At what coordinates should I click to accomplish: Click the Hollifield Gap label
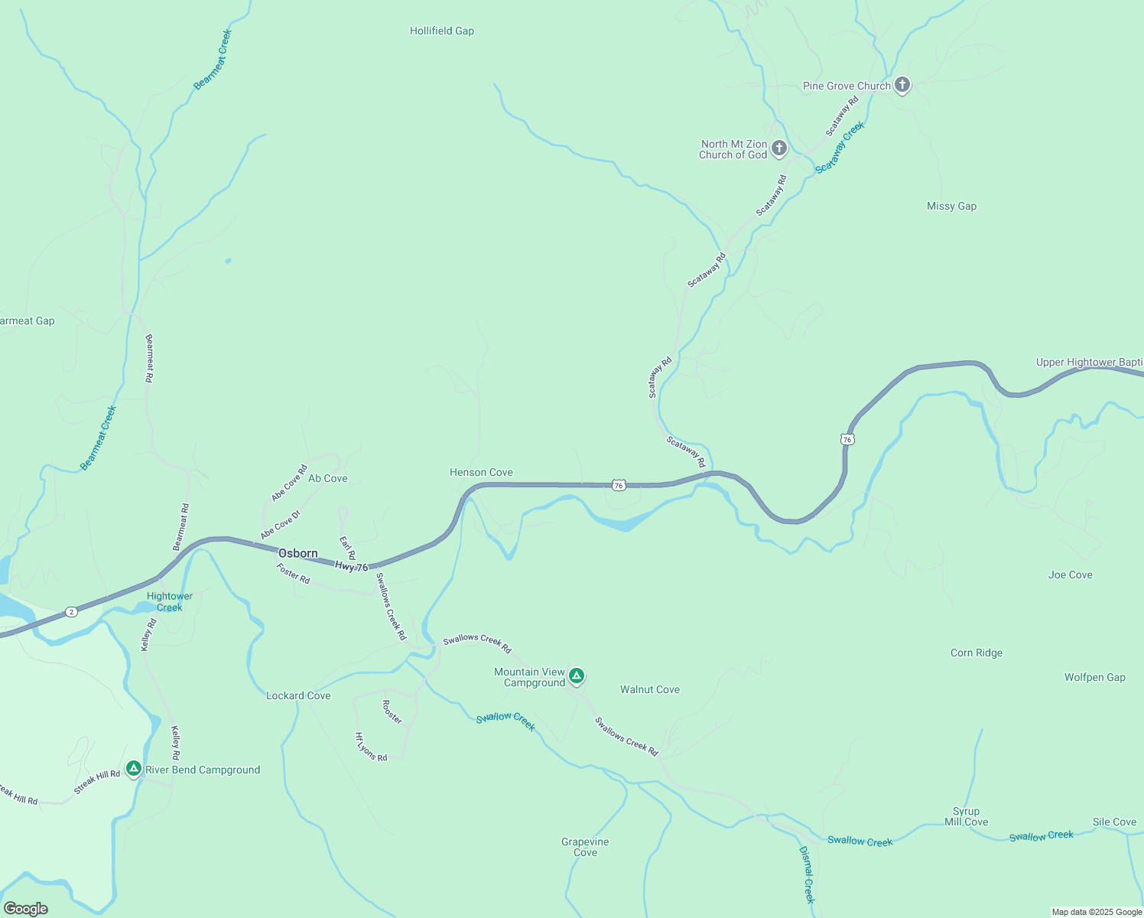click(x=442, y=31)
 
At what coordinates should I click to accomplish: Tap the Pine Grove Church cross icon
click(x=902, y=85)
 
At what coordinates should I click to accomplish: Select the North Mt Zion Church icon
click(x=779, y=148)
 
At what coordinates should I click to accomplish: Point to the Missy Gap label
click(x=951, y=207)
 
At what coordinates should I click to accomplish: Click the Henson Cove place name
click(x=481, y=473)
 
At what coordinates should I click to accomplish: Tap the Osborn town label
click(x=297, y=554)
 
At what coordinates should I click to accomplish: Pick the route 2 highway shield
click(x=70, y=612)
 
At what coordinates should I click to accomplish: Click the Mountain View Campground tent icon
click(x=577, y=675)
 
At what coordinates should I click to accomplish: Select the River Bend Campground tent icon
click(x=134, y=768)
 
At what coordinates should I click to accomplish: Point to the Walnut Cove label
click(x=649, y=690)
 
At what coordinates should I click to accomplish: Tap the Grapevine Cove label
click(x=585, y=847)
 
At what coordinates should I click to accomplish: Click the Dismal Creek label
click(x=808, y=874)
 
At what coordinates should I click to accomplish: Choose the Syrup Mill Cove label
click(x=966, y=817)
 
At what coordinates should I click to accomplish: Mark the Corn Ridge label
click(x=976, y=653)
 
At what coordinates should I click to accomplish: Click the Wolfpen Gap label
click(x=1094, y=678)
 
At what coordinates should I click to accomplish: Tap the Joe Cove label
click(x=1070, y=575)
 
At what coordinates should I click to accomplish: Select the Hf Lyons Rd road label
click(x=371, y=747)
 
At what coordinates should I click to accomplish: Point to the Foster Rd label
click(x=293, y=575)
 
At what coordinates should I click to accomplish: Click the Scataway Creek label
click(x=839, y=148)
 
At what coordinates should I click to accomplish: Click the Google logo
click(x=26, y=909)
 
